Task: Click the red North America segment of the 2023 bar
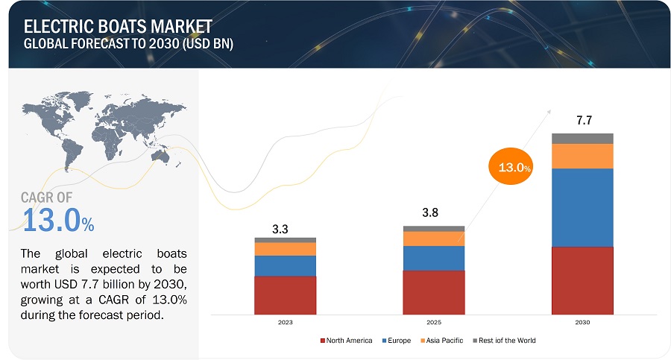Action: (x=285, y=294)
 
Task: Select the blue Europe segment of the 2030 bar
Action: (x=582, y=207)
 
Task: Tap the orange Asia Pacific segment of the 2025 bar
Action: (x=433, y=239)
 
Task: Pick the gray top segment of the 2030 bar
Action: (x=582, y=138)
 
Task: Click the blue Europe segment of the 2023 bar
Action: (x=285, y=265)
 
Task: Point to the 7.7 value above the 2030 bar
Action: (x=582, y=120)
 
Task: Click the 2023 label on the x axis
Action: (x=285, y=323)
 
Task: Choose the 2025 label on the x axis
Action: (x=433, y=323)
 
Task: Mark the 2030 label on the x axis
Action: (x=582, y=323)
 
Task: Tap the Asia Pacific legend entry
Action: (x=444, y=341)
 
